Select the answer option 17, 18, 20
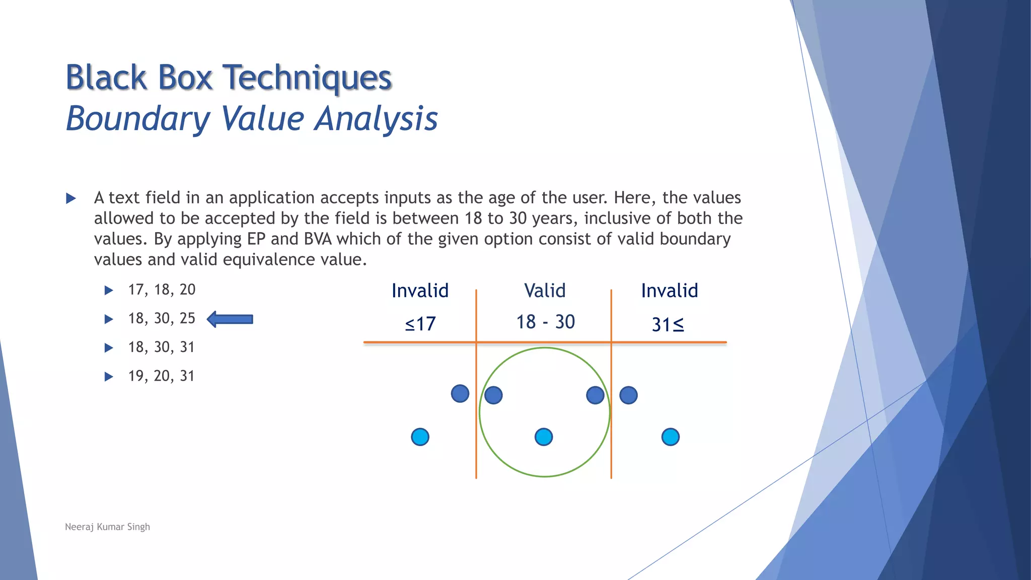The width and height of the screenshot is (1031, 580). [x=162, y=290]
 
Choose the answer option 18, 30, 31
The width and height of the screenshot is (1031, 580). [x=161, y=347]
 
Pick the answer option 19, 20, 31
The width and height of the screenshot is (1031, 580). [x=161, y=376]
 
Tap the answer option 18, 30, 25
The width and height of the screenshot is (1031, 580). [x=162, y=319]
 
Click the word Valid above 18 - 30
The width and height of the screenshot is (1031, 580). [x=545, y=291]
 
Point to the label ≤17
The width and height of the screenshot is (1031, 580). [x=420, y=324]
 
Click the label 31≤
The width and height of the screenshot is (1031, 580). [x=668, y=325]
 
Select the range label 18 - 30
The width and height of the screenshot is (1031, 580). [x=545, y=322]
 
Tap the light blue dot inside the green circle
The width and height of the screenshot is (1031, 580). [x=544, y=437]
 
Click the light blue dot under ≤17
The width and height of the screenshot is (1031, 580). [x=420, y=437]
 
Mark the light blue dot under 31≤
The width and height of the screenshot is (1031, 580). [x=670, y=437]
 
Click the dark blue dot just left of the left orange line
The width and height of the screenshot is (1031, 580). [x=460, y=394]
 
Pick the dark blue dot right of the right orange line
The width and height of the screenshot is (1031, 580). [x=628, y=395]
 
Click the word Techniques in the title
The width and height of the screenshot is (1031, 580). [x=307, y=78]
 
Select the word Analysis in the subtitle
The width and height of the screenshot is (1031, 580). [x=376, y=119]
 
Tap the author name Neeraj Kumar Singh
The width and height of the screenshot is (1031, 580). [x=107, y=527]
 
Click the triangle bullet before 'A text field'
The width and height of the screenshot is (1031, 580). [x=71, y=198]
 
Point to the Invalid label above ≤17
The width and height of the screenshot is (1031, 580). [x=420, y=291]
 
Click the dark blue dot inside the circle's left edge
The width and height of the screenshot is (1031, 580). [x=493, y=395]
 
